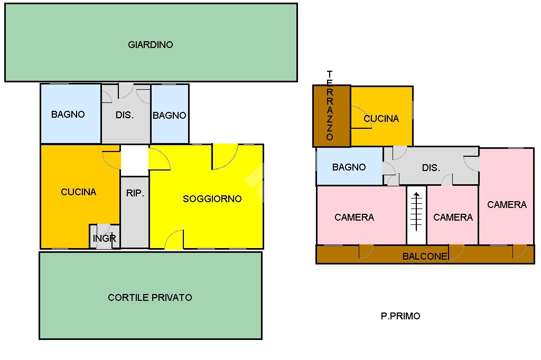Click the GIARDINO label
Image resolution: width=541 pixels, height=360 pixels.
(151, 45)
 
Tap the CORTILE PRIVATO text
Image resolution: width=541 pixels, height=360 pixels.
(150, 297)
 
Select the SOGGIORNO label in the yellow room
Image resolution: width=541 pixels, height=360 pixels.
(212, 199)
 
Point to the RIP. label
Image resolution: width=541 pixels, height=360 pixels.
(135, 194)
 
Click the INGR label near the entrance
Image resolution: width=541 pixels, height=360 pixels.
(105, 239)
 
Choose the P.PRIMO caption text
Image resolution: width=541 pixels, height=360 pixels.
(400, 316)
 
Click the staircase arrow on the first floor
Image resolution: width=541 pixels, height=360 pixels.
(416, 211)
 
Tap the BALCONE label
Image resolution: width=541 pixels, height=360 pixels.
(425, 257)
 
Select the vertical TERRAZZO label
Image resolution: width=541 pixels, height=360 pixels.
(330, 106)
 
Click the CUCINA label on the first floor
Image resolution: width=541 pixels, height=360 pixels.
(381, 119)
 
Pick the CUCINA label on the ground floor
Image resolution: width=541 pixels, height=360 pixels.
(79, 192)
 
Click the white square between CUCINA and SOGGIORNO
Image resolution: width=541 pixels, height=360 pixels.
(135, 160)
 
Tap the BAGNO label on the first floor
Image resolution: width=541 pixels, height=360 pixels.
(349, 167)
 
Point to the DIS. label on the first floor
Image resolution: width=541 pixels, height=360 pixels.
(431, 168)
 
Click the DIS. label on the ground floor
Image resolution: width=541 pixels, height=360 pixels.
(125, 115)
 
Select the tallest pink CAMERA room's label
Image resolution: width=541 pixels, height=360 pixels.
(507, 205)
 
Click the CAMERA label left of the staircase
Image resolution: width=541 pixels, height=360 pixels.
(354, 217)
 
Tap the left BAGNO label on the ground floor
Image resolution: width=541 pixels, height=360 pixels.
(68, 115)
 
